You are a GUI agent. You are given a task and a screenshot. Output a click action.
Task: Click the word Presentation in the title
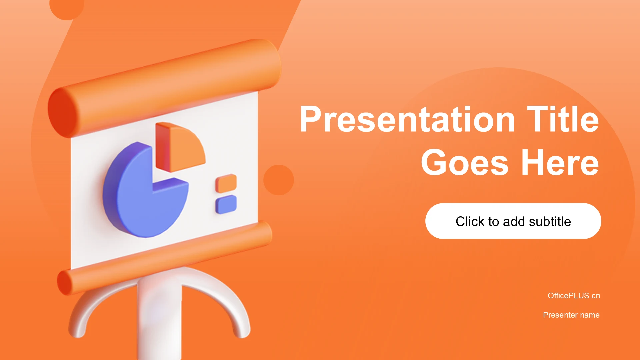pos(408,119)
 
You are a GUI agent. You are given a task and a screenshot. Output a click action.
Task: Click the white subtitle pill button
pos(513,221)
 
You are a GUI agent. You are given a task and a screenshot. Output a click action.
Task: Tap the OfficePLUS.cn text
pos(574,296)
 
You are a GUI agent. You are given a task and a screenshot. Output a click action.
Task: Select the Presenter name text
pos(571,315)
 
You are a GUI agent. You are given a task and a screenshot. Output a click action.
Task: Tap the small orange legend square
pos(226,183)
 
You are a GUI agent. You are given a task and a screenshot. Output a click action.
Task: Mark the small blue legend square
pos(226,204)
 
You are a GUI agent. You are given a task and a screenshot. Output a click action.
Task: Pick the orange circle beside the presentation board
pos(279,180)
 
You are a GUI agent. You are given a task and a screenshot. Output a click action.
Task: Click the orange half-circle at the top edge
pos(67,8)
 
